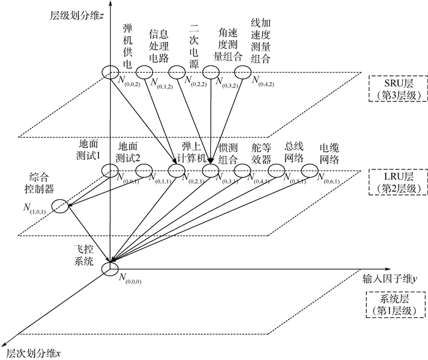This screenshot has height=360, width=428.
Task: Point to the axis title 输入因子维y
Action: [388, 277]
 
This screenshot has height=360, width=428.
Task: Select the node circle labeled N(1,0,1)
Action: [60, 206]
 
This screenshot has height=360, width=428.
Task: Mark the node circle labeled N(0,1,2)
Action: [143, 72]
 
